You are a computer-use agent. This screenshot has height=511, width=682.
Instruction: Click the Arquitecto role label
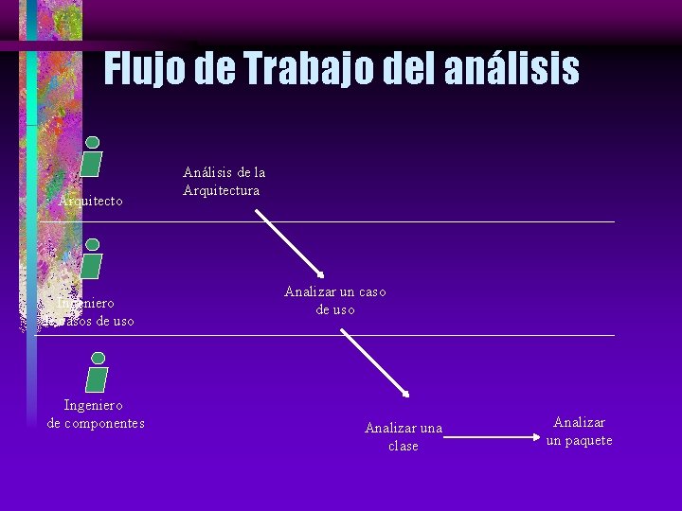pos(91,201)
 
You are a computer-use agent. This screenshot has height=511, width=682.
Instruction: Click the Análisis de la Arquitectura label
pos(224,182)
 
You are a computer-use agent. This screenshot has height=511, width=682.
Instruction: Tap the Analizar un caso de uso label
pos(335,301)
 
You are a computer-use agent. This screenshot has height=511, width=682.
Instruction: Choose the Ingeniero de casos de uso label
pos(87,312)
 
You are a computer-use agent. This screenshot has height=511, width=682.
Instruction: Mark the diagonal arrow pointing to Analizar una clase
pos(374,362)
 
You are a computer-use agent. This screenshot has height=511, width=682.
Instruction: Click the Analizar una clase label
pos(404,437)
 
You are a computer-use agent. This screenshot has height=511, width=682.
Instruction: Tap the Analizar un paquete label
pos(580,432)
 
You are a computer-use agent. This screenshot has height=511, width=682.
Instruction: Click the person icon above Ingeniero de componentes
pos(97,372)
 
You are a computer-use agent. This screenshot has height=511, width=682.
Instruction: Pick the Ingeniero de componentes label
pos(96,414)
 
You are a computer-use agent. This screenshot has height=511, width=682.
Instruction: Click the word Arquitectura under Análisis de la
pos(222,190)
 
